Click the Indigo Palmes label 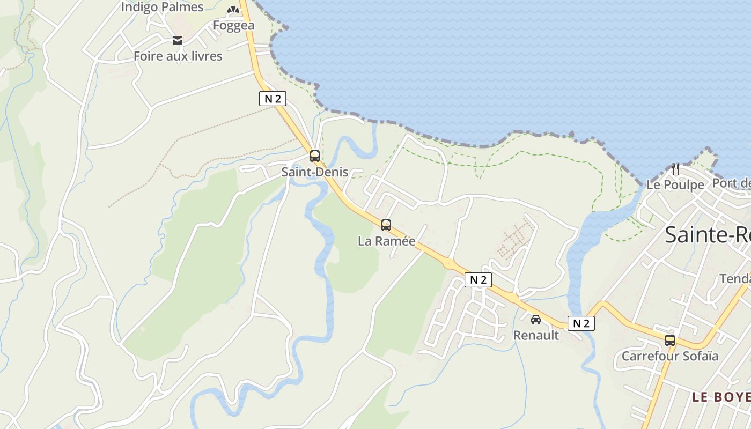[x=162, y=7]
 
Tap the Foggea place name [x=233, y=25]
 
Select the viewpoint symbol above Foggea [x=233, y=9]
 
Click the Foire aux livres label [x=178, y=56]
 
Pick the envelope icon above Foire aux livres [x=178, y=41]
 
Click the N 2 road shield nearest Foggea [x=273, y=99]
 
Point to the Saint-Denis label [x=315, y=172]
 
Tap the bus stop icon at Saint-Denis [x=315, y=156]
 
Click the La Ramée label [x=386, y=241]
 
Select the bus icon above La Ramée [x=386, y=225]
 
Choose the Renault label [x=536, y=335]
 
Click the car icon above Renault [x=536, y=320]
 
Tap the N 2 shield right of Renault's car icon [x=581, y=323]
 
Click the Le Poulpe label [x=675, y=184]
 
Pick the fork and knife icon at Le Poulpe [x=675, y=169]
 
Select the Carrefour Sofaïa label [x=669, y=356]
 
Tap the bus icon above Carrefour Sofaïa [x=670, y=340]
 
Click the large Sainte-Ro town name [x=707, y=235]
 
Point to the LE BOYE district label [x=720, y=397]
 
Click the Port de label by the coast [x=731, y=183]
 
